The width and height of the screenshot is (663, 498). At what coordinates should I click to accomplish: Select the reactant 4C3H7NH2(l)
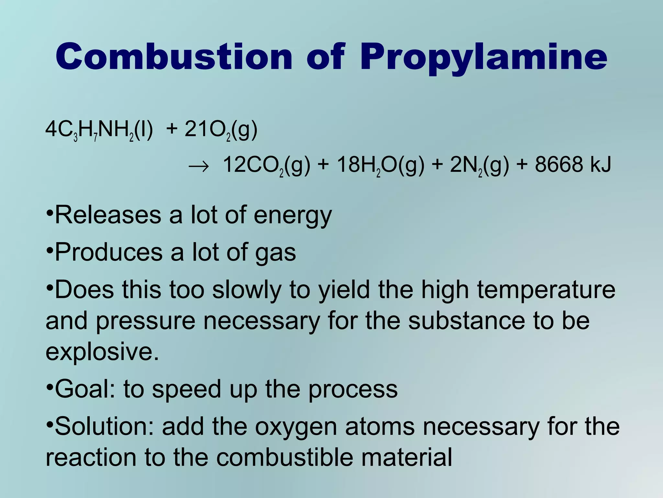tap(99, 131)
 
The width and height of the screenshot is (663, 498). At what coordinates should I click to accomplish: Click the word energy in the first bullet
tap(293, 216)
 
